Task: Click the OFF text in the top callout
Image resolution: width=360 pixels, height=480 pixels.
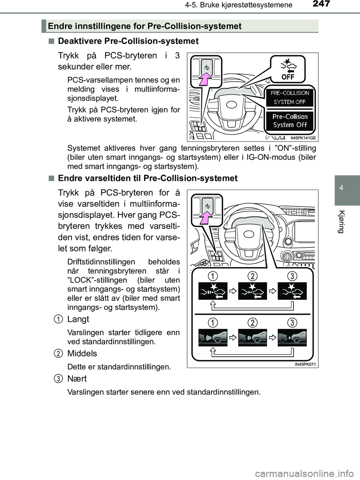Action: click(288, 77)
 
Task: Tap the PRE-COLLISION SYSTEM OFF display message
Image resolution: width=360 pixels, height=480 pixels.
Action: click(290, 97)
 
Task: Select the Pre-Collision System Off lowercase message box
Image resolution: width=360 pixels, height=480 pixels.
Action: click(290, 121)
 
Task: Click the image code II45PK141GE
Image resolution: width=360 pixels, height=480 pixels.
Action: click(303, 138)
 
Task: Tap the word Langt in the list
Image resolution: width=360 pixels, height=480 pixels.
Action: click(78, 319)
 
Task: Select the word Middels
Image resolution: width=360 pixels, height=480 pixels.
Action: click(82, 353)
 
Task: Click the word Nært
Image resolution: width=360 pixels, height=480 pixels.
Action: click(77, 378)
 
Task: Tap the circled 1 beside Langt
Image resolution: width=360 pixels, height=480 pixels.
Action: click(58, 319)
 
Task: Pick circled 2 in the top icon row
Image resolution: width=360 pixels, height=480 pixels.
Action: click(252, 276)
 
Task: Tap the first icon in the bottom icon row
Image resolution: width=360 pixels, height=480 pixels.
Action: click(212, 338)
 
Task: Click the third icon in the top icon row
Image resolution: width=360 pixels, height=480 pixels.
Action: click(292, 291)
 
